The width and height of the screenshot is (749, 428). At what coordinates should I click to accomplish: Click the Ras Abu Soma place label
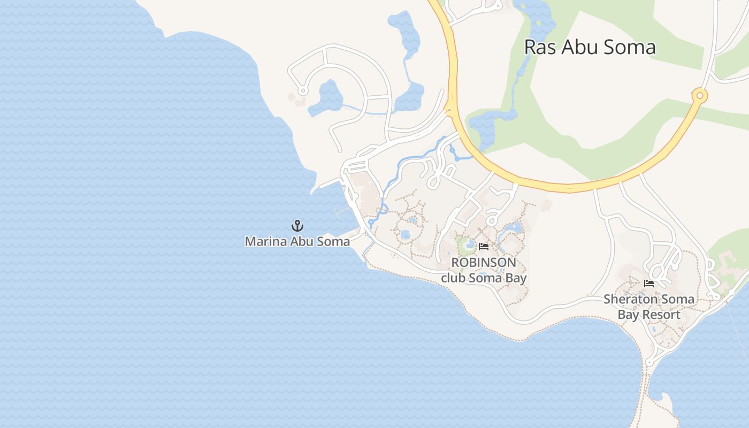tap(590, 47)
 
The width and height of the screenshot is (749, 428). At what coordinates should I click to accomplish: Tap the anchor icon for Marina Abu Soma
tap(297, 226)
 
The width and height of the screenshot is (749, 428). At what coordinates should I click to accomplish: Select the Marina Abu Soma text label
tap(297, 241)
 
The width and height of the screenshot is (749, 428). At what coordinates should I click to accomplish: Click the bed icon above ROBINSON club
tap(484, 247)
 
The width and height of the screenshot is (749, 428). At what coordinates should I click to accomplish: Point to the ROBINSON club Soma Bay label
tap(484, 270)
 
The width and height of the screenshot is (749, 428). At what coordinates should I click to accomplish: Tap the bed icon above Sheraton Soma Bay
tap(649, 284)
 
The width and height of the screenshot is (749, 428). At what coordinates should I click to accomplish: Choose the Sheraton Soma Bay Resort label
tap(649, 307)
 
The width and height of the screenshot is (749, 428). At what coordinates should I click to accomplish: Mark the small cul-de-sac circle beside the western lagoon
tap(303, 91)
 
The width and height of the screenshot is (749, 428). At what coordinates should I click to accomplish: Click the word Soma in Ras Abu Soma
tap(630, 47)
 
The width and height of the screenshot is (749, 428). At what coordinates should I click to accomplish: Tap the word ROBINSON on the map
tap(484, 263)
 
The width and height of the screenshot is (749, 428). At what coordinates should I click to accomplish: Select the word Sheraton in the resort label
tap(626, 299)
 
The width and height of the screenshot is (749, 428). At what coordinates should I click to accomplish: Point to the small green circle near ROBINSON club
tap(463, 246)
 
